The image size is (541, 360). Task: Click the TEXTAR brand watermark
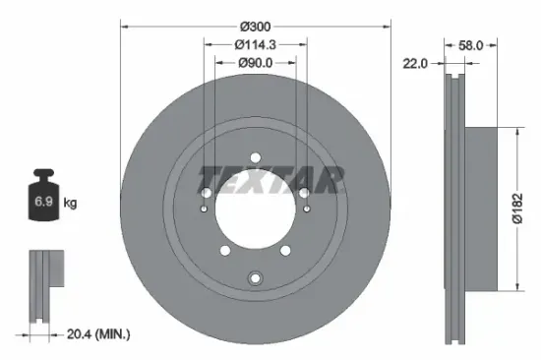270,180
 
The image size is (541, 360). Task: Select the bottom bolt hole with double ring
256,277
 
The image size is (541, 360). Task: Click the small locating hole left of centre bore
204,209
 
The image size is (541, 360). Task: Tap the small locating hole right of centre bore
308,209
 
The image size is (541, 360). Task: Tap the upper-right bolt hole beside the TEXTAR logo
304,192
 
